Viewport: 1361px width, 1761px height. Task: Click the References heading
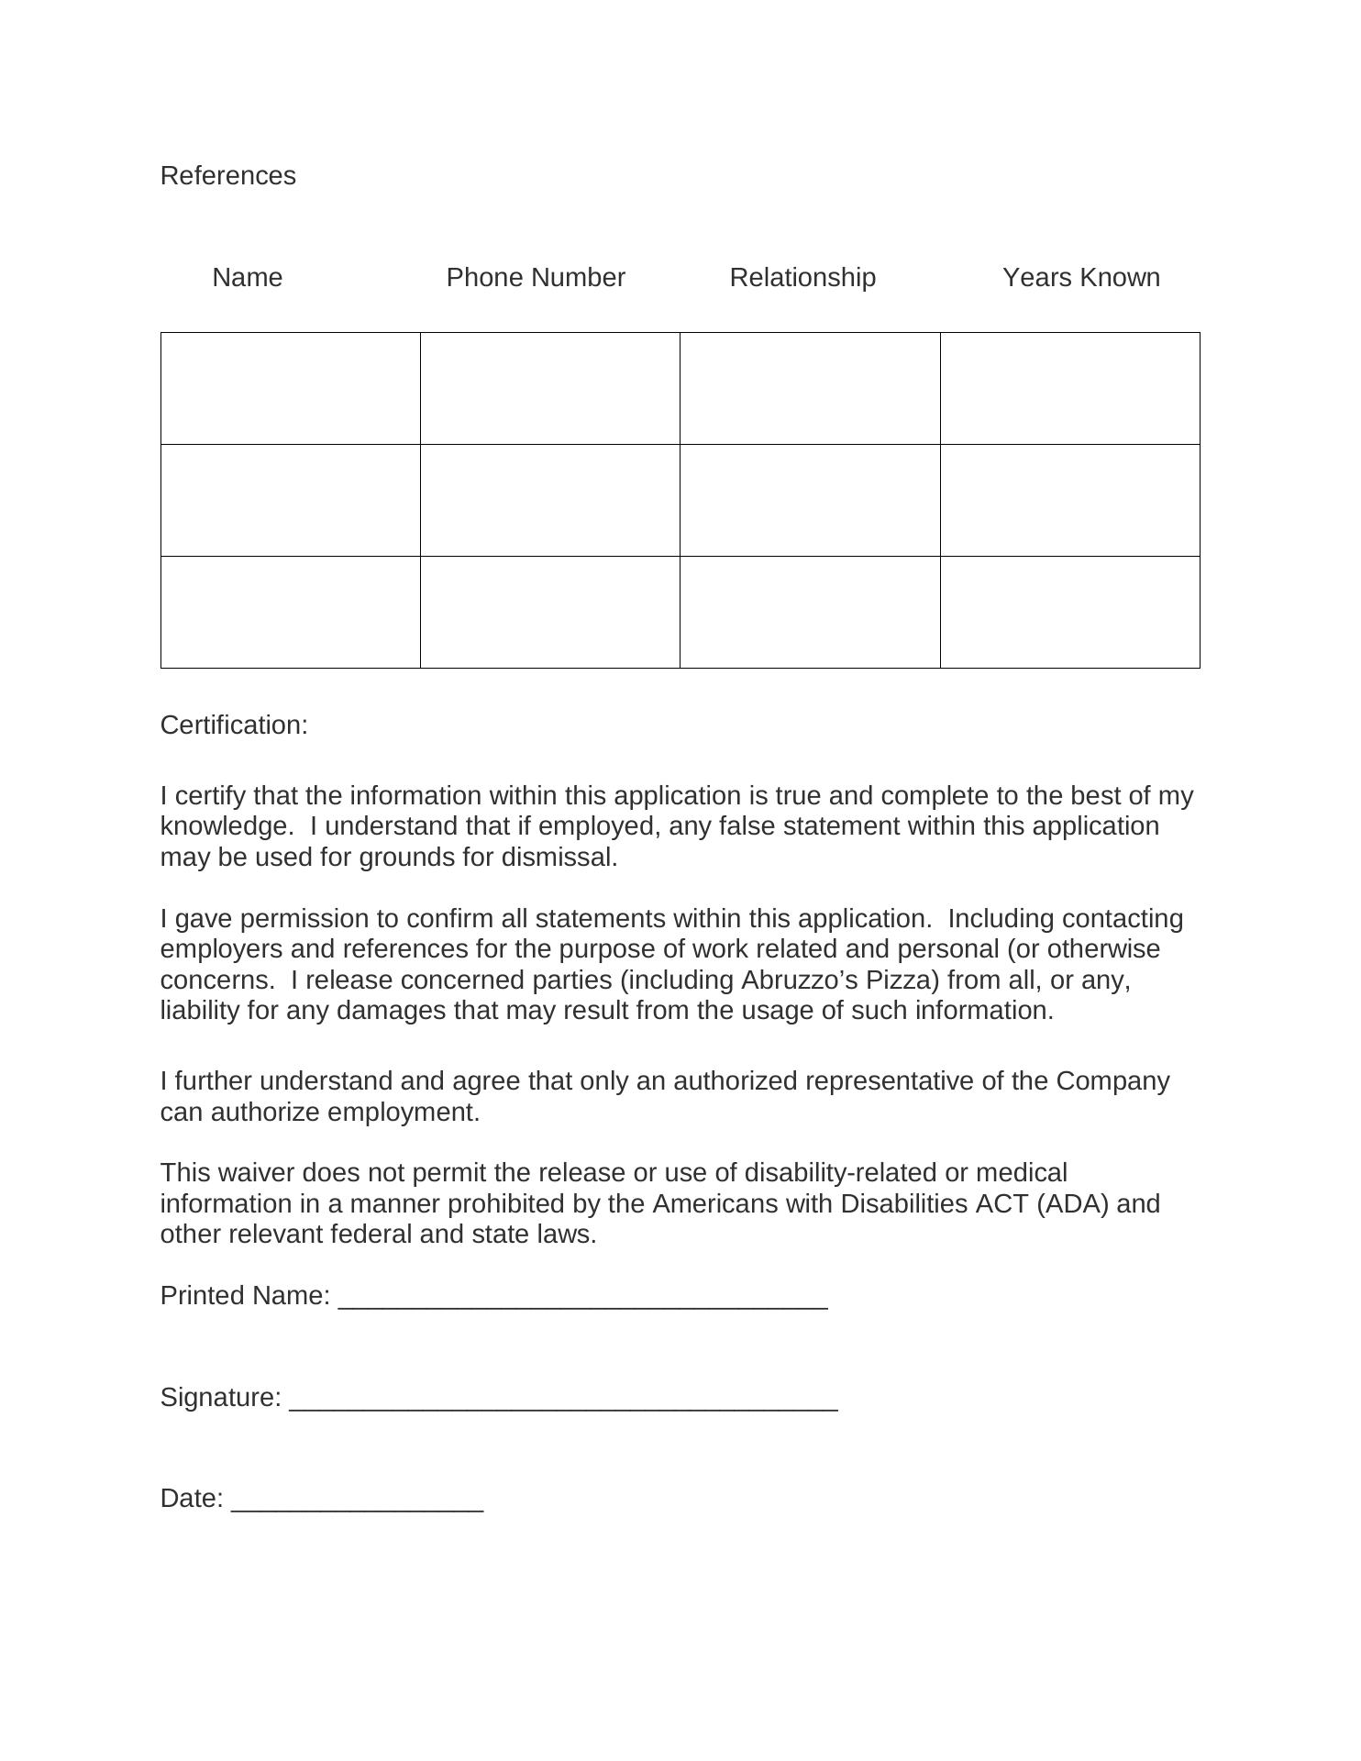point(227,176)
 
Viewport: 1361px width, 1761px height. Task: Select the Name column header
point(248,278)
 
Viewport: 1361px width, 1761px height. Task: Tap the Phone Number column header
point(536,278)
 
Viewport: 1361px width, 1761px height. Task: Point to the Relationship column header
point(802,278)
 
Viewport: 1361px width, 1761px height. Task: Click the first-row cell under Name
point(291,389)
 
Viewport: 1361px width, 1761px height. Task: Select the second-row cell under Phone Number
point(550,501)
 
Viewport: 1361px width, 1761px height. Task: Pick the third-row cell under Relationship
point(810,613)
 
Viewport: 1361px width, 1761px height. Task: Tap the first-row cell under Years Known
point(1070,389)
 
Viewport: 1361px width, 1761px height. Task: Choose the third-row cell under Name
point(291,613)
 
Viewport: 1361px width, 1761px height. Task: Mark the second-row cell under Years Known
point(1070,501)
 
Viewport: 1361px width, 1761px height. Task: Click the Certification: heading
point(234,725)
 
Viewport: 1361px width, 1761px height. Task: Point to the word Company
point(1112,1081)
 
